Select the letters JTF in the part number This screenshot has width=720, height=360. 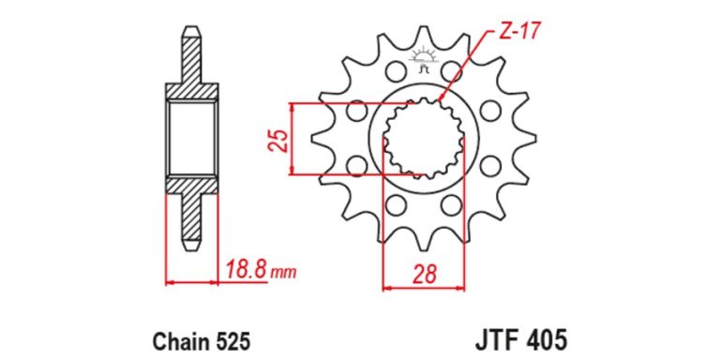click(x=496, y=341)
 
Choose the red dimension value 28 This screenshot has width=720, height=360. click(x=424, y=274)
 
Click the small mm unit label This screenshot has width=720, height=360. click(x=282, y=274)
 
